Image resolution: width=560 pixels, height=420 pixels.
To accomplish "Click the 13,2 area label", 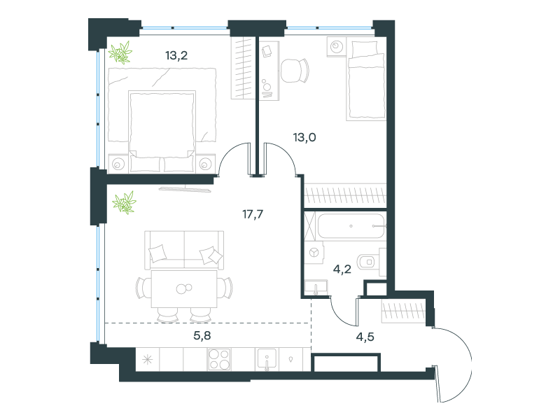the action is (176, 55).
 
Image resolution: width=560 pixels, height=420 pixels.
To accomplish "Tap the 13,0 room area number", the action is (304, 137).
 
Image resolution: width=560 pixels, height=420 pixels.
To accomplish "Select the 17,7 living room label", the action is (253, 214).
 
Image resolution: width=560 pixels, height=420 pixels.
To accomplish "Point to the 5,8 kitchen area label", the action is (202, 335).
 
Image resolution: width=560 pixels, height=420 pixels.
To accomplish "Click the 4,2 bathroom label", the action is (342, 269).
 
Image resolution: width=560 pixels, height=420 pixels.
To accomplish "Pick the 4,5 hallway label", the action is (365, 337).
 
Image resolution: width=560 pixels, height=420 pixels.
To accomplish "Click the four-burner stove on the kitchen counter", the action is (219, 359).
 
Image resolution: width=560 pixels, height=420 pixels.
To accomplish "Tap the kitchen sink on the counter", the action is (267, 360).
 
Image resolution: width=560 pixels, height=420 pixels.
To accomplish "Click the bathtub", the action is (351, 225).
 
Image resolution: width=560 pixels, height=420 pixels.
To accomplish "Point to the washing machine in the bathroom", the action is (314, 253).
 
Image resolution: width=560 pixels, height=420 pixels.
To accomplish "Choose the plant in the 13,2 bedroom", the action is (120, 52).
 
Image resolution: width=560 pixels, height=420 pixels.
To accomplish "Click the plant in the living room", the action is (125, 202).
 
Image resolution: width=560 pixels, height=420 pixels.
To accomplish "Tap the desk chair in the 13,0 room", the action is (295, 71).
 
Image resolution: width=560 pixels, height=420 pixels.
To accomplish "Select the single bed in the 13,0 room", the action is (365, 80).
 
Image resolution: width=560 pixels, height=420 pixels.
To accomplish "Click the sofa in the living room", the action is (184, 250).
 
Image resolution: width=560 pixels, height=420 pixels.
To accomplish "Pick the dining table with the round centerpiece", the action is (184, 288).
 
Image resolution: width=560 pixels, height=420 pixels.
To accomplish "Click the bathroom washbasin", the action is (316, 287).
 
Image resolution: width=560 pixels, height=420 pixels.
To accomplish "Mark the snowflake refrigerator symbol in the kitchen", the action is (147, 359).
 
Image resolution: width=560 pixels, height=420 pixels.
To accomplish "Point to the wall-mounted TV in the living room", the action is (185, 188).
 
